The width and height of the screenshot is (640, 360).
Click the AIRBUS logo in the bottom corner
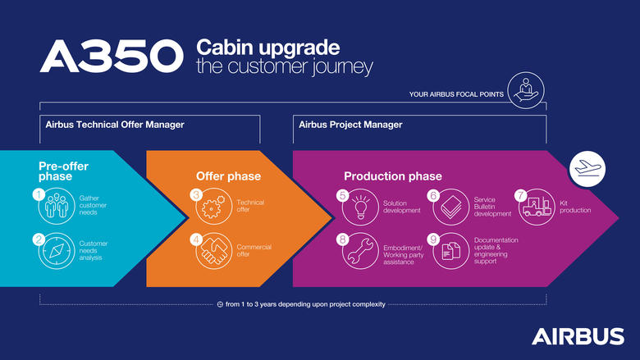click(x=577, y=336)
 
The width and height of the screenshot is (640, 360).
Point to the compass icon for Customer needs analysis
click(x=55, y=252)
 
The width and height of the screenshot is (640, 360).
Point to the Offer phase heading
click(x=228, y=175)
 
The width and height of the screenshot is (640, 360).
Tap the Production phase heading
click(x=392, y=175)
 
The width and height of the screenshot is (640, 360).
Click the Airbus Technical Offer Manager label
click(x=114, y=125)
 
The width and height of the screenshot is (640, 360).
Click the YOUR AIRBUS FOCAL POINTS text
click(x=455, y=94)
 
